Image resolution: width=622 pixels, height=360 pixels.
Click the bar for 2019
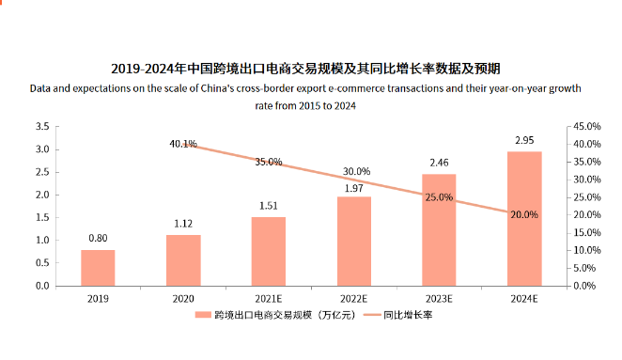tap(98, 268)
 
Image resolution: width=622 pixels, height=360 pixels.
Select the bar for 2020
tap(183, 260)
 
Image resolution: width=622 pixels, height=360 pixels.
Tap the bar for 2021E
tap(268, 251)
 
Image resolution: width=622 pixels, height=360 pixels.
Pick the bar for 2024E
tap(524, 218)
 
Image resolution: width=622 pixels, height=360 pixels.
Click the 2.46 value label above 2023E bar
tap(439, 163)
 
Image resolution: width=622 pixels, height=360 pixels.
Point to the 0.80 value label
tap(98, 238)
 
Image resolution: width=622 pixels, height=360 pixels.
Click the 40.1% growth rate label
tap(183, 144)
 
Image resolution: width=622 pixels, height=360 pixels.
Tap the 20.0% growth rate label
tap(524, 214)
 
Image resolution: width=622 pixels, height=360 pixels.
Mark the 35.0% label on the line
tap(268, 162)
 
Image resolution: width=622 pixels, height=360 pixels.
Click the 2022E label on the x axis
tap(353, 298)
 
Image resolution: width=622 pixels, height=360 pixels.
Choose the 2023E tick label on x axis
tap(439, 298)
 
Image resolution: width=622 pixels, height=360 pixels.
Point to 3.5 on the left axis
tap(42, 126)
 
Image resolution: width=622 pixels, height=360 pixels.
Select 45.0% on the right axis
tap(585, 126)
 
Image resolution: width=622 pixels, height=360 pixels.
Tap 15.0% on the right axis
tap(585, 232)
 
